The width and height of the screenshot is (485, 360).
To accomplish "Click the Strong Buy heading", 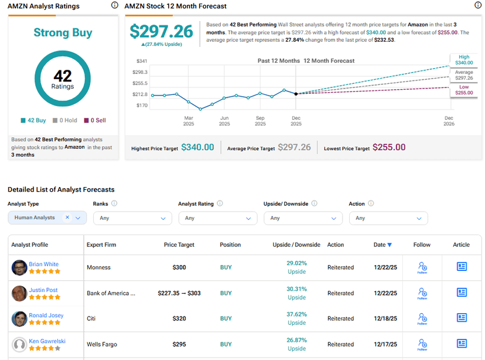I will coord(63,32).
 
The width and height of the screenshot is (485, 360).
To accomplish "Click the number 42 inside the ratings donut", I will coord(63,76).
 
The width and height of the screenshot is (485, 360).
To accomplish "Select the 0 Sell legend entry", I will coord(94,120).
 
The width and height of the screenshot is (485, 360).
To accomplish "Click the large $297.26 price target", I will coord(161,32).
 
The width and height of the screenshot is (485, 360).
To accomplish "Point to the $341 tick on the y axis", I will coord(142,61).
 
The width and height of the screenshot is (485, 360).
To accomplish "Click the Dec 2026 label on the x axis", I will coord(449,121).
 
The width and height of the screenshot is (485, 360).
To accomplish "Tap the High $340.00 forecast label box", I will coord(463,60).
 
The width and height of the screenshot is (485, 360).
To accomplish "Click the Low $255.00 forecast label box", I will coord(463,90).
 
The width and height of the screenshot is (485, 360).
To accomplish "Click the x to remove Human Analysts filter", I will coord(67,218).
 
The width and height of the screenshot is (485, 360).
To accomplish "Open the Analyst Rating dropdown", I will coord(217,218).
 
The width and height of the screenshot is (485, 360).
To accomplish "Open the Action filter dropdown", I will coord(388,218).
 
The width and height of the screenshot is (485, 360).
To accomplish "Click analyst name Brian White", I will coord(43,264).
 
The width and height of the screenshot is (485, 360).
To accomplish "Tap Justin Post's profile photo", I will coord(19,293).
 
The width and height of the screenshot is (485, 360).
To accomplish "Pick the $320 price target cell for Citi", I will coord(179,319).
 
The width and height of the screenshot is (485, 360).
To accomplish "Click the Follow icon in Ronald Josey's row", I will coord(422,318).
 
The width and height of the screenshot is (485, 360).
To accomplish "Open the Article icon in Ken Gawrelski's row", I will coord(462,344).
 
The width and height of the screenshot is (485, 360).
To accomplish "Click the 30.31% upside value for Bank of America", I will coord(296,289).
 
